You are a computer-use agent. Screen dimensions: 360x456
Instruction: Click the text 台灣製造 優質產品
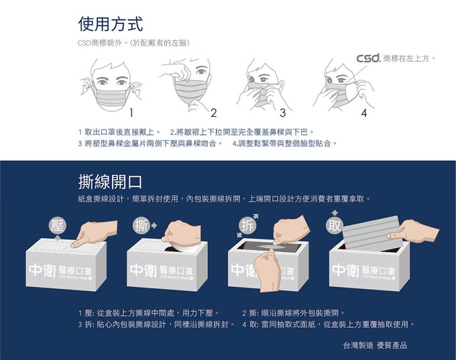(375, 345)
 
